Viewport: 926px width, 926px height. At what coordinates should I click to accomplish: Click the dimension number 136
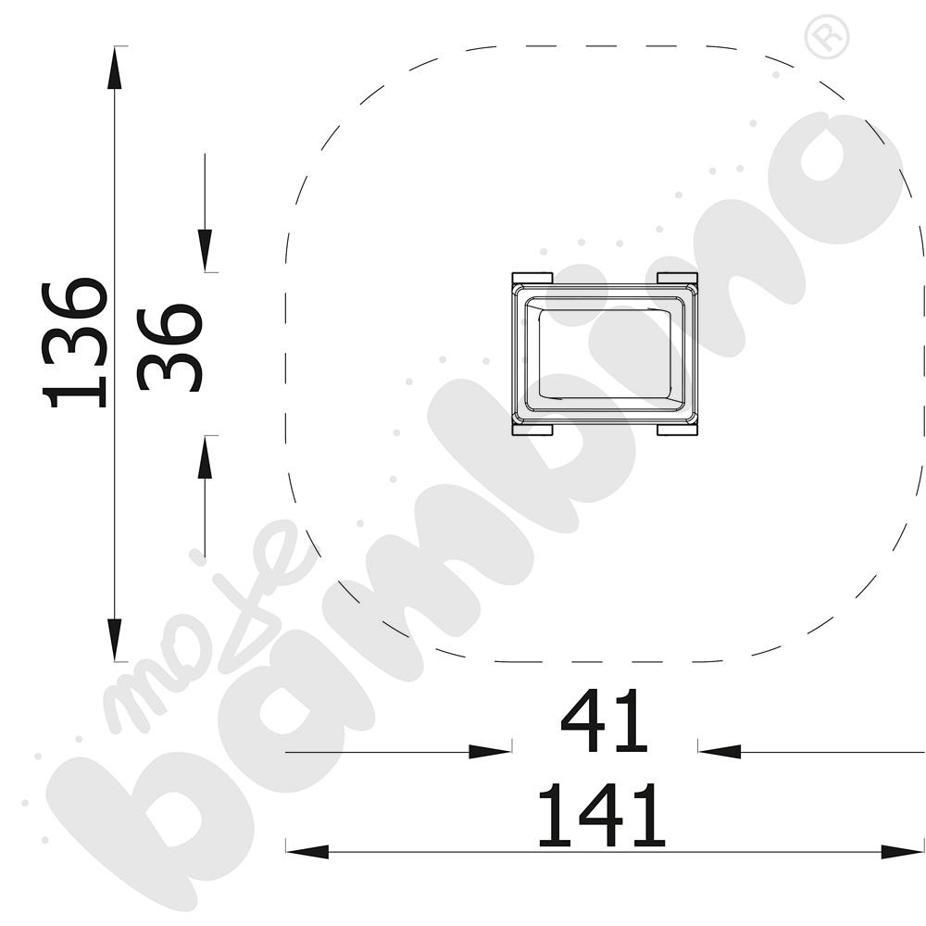(x=74, y=343)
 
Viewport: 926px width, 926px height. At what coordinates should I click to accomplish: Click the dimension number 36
(x=170, y=347)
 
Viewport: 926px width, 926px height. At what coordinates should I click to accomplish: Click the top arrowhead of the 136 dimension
(x=115, y=68)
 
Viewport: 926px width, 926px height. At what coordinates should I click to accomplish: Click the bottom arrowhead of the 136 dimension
(x=115, y=640)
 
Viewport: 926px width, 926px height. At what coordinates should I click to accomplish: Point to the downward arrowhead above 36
(x=205, y=250)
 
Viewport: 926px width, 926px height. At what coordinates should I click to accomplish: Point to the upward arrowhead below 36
(x=205, y=457)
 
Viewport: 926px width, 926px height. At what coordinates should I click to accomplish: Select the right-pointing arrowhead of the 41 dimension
(x=490, y=752)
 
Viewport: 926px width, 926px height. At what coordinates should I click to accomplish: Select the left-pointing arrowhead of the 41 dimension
(x=720, y=752)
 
